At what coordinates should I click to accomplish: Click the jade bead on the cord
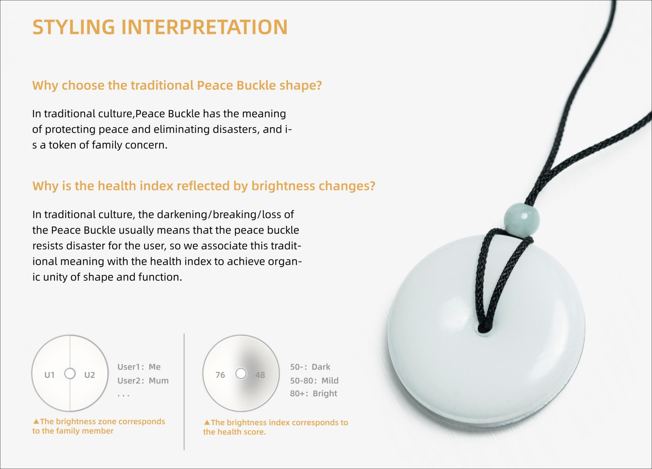[518, 218]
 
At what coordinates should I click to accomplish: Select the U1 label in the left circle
[50, 375]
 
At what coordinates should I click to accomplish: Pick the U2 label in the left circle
[90, 375]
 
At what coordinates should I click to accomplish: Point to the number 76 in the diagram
[220, 375]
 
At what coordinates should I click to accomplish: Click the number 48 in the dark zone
[260, 375]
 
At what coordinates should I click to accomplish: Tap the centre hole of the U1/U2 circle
[70, 374]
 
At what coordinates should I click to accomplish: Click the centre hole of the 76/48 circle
[241, 374]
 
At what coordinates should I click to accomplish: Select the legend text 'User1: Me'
[139, 367]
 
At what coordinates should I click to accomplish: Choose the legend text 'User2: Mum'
[143, 381]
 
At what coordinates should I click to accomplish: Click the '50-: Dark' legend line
[310, 367]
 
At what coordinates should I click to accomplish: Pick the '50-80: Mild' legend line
[314, 381]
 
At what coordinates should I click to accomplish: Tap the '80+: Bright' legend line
[313, 394]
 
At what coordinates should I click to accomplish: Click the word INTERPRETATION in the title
[204, 27]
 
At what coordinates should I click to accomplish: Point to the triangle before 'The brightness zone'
[36, 422]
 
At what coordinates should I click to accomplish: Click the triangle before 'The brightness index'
[207, 423]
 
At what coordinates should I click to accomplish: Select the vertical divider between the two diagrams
[184, 392]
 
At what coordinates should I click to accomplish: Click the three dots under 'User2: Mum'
[123, 396]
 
